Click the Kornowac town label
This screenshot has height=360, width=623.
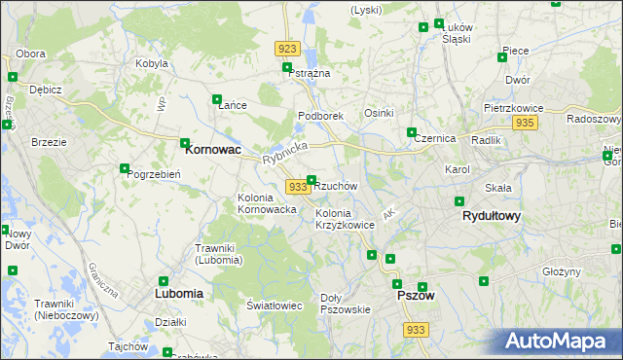point(213,151)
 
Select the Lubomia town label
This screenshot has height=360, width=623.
point(179,292)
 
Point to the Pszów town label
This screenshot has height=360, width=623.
point(416,295)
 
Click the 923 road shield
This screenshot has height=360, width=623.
point(287,49)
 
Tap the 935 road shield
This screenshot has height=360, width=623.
point(526,123)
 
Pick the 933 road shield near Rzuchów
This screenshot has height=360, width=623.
point(298,186)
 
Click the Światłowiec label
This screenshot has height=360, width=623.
point(275,306)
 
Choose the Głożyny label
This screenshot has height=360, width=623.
point(562,271)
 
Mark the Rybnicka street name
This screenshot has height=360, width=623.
point(284,153)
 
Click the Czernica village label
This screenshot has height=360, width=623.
point(435,138)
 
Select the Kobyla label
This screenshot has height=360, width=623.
point(153,64)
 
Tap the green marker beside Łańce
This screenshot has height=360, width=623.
point(217,98)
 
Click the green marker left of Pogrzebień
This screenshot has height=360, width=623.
point(125,168)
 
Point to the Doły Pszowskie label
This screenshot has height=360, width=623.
point(346,304)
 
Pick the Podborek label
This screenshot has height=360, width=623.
point(320,116)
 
